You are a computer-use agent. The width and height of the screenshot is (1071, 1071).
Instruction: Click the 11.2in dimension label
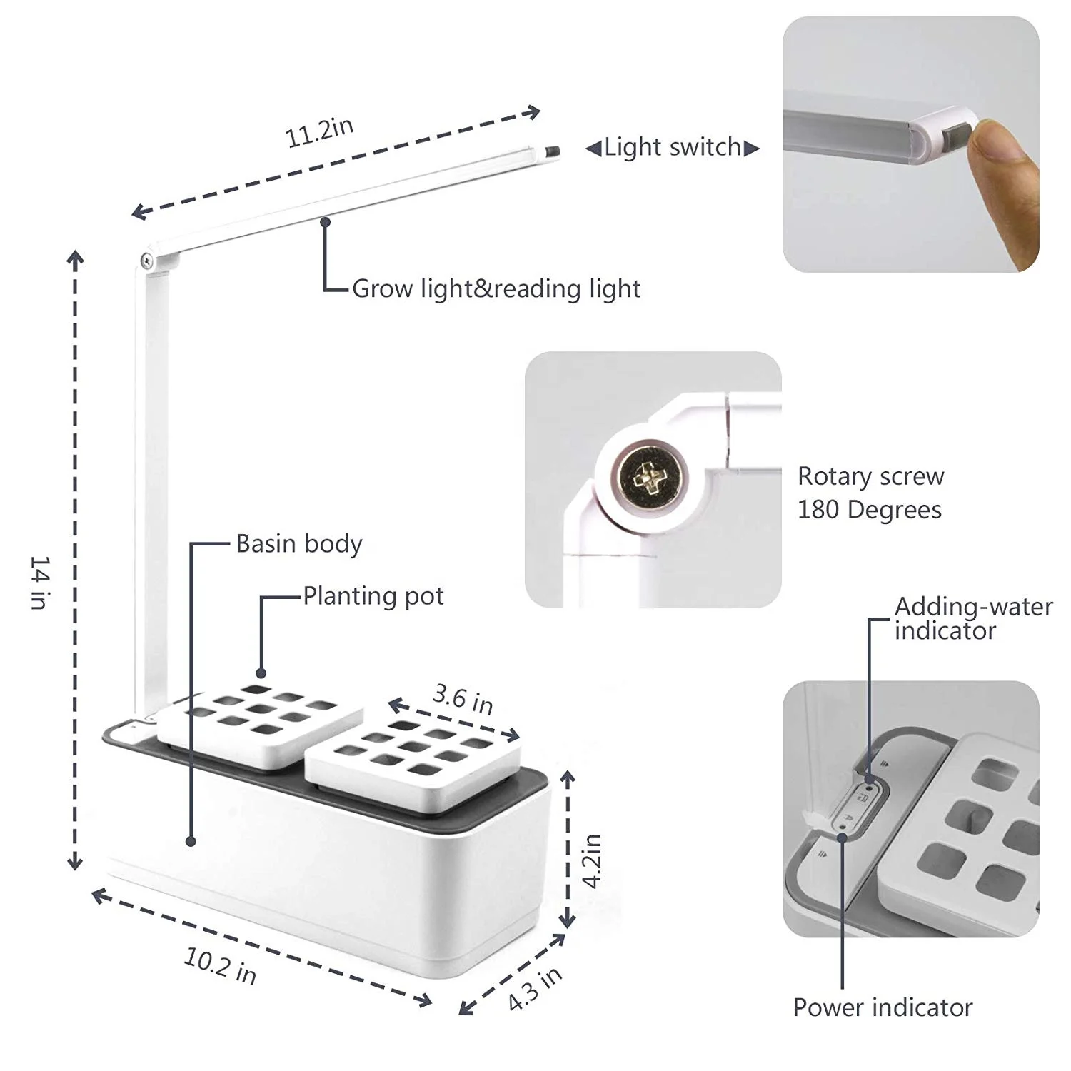(319, 132)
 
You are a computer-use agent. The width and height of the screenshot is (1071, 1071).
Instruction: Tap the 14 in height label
(40, 583)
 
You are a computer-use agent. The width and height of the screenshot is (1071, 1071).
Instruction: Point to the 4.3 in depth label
(535, 988)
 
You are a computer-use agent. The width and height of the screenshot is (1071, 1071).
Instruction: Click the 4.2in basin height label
(592, 860)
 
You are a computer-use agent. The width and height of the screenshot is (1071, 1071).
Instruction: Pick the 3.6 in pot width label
(463, 699)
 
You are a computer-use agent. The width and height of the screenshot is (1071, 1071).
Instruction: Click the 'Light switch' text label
(673, 147)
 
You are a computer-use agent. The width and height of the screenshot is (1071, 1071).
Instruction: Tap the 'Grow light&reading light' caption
(496, 288)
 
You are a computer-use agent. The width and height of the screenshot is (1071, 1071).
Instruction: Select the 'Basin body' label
(299, 544)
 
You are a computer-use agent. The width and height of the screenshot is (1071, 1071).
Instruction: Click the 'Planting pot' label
(373, 596)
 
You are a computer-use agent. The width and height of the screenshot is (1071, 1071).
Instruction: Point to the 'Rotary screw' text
(870, 476)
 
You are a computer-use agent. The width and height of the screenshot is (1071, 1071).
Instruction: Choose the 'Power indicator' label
(883, 1007)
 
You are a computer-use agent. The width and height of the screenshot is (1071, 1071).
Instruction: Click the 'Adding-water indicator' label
(972, 618)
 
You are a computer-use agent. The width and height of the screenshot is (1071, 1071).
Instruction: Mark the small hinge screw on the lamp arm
(146, 261)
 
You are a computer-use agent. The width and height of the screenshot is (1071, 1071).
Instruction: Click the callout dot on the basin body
(191, 842)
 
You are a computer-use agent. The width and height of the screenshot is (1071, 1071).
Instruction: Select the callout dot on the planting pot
(261, 673)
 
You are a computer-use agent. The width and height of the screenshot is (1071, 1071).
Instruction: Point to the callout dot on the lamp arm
(325, 221)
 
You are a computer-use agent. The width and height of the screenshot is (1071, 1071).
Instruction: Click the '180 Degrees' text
(869, 510)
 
